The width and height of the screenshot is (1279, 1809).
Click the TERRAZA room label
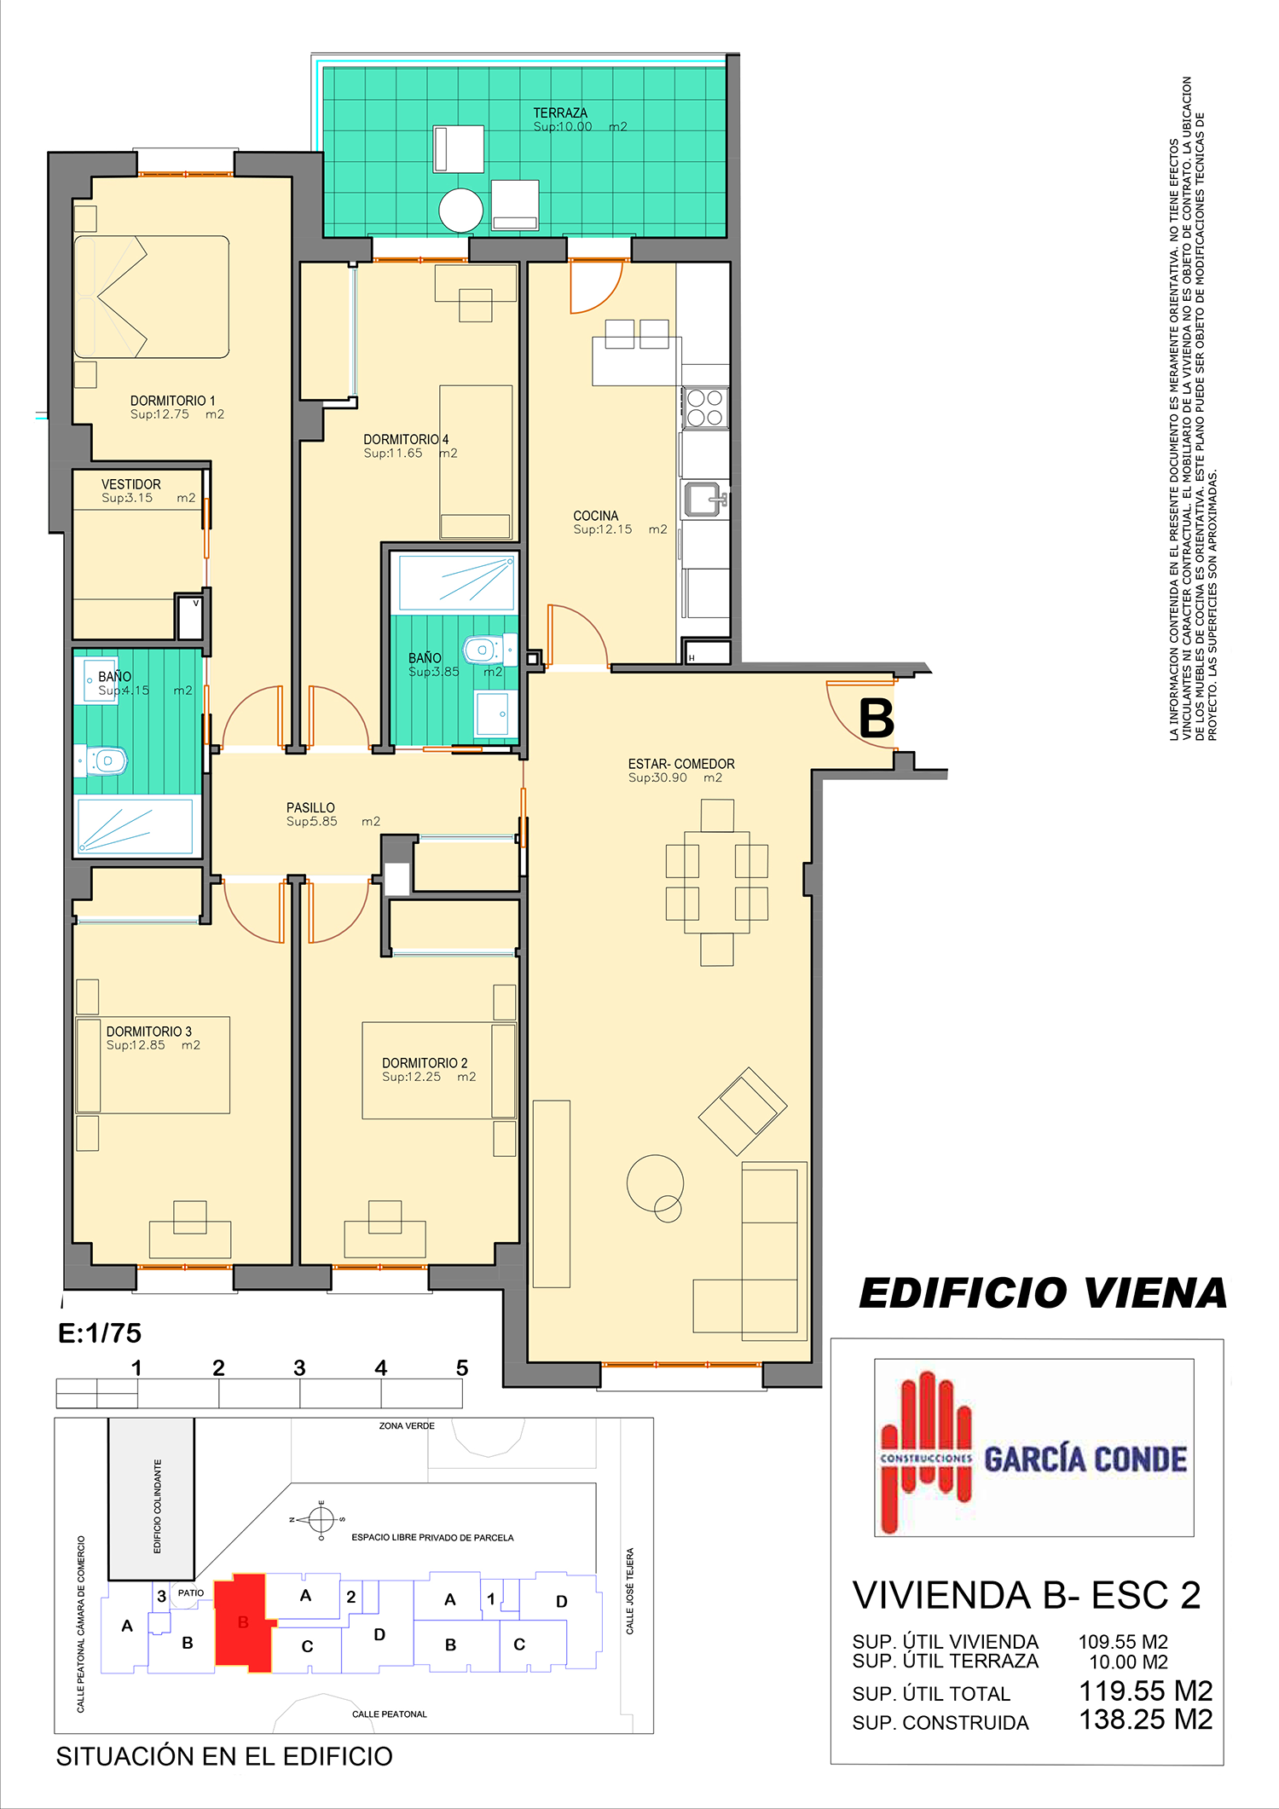560,113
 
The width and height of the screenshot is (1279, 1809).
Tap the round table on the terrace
461,210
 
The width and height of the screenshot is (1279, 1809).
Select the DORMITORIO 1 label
173,401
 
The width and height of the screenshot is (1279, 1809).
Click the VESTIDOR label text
130,484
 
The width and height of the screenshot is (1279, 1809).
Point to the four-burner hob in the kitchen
705,407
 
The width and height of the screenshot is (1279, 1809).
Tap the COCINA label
596,516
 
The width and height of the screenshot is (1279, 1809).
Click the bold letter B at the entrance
876,718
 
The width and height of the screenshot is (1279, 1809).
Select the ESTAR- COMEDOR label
681,764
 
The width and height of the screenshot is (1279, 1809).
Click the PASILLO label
310,807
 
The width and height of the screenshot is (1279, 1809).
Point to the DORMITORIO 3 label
149,1032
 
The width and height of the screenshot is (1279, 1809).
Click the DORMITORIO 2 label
425,1063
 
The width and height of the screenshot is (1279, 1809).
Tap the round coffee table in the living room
655,1184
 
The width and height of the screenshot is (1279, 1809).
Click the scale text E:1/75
100,1332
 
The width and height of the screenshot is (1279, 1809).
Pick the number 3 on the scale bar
299,1367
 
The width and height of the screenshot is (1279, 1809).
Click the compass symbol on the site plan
321,1519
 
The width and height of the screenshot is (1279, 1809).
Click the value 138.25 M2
1145,1719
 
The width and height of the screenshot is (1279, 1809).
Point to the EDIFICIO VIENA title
1043,1293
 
